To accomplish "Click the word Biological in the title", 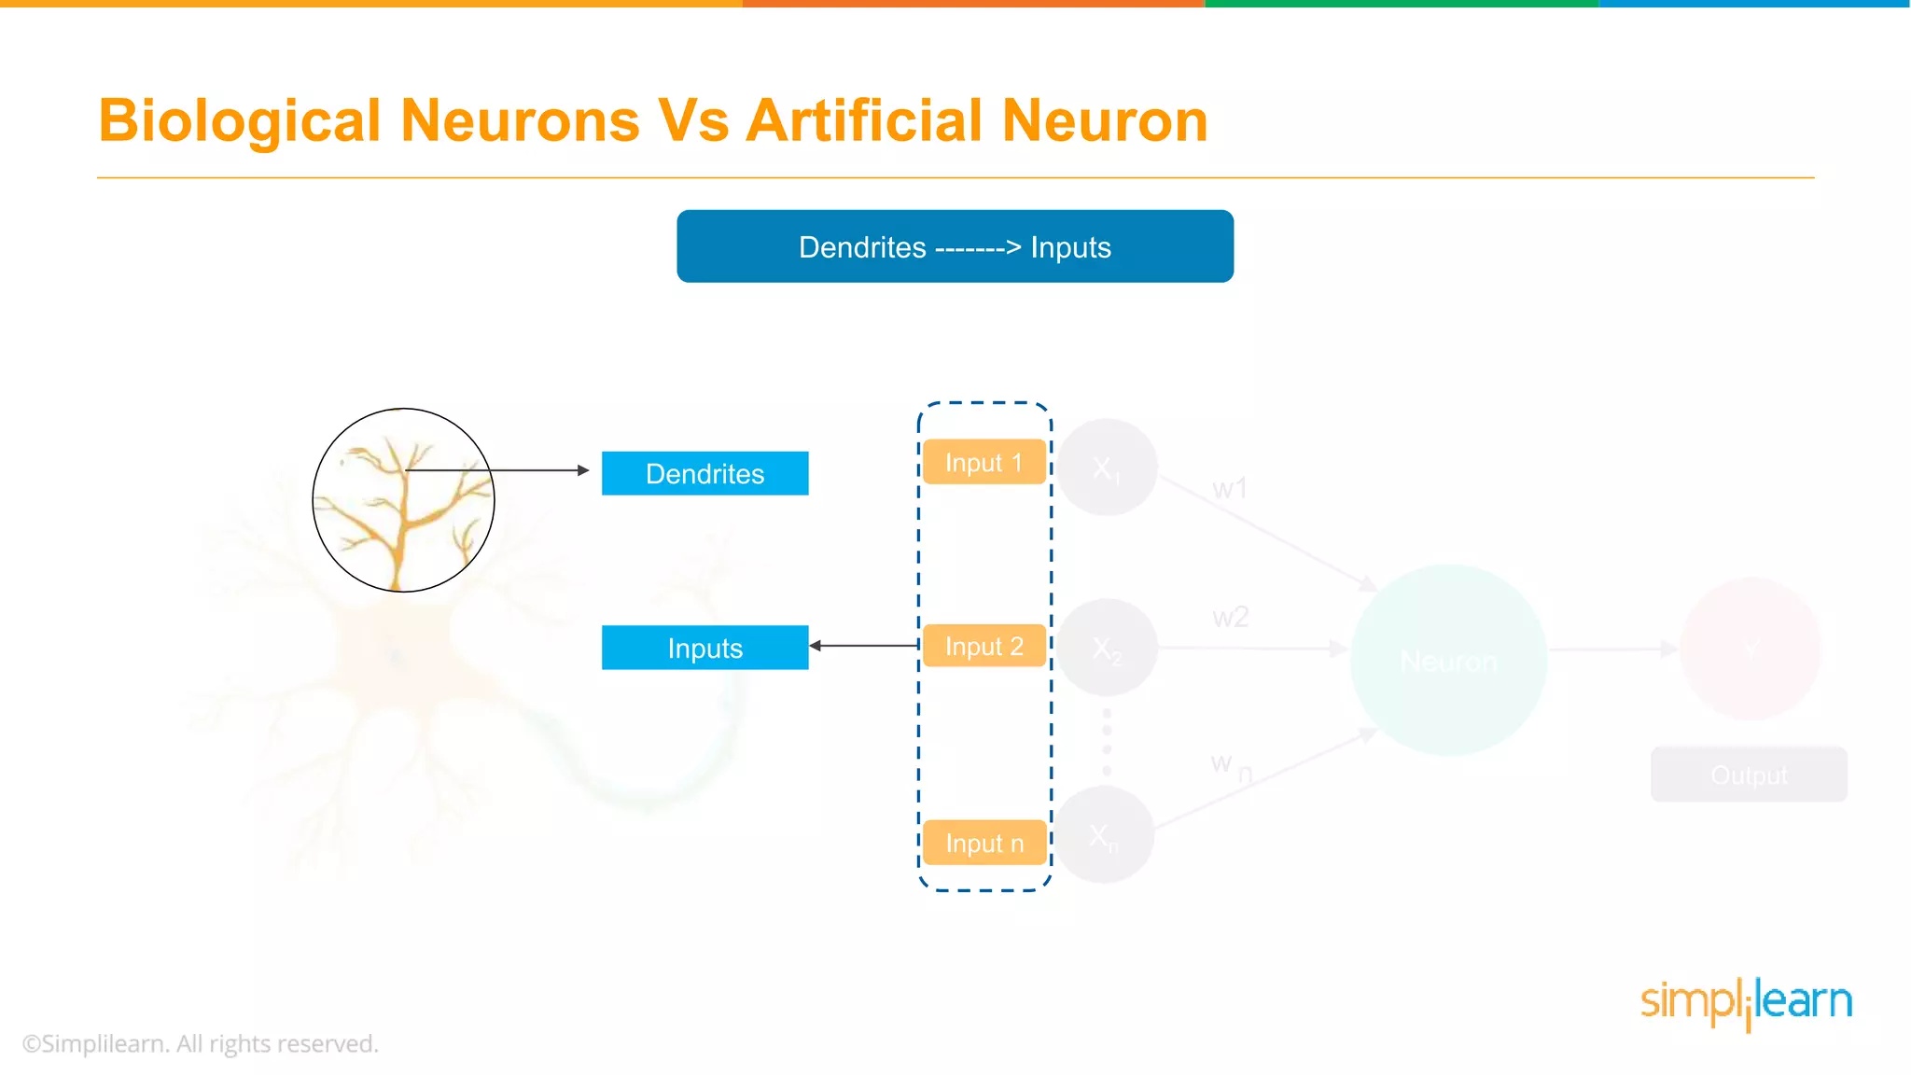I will tap(240, 121).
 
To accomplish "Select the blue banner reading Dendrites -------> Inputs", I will tap(955, 246).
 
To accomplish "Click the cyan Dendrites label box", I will tap(704, 473).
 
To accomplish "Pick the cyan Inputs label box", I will tap(704, 648).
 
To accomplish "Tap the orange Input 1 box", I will tap(983, 462).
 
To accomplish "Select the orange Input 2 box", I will tap(983, 646).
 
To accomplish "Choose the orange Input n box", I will tap(983, 843).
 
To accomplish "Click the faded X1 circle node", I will tap(1107, 467).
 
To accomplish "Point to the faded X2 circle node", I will tap(1107, 648).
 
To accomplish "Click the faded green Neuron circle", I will tap(1448, 660).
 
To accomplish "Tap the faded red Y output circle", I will tap(1751, 649).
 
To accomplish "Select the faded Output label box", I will tap(1749, 775).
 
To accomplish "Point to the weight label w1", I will tap(1230, 488).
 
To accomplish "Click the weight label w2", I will tap(1230, 617).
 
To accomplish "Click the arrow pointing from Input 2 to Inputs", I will tap(864, 646).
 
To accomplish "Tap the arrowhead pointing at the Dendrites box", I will tap(583, 470).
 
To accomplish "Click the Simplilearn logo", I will tap(1746, 1003).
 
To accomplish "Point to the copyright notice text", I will tap(201, 1043).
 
